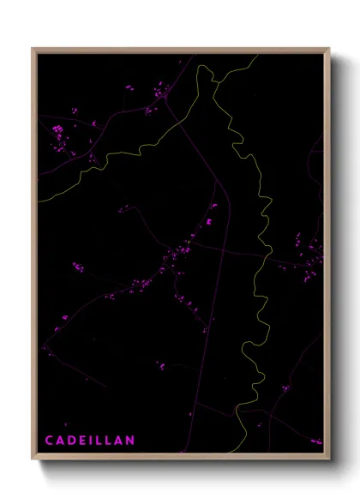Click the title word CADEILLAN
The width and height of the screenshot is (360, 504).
click(x=90, y=441)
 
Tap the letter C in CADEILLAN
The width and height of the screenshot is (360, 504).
click(x=50, y=441)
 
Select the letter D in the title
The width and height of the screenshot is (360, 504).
click(x=71, y=441)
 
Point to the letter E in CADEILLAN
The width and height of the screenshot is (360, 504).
click(x=82, y=441)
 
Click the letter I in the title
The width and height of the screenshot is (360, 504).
click(x=91, y=441)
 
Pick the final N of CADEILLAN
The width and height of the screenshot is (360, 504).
click(x=130, y=441)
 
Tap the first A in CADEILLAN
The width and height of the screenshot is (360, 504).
click(x=60, y=441)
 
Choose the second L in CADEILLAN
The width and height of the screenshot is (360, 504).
click(x=108, y=441)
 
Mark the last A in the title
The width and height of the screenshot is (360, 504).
click(x=119, y=441)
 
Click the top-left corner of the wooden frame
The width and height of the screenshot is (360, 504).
click(x=33, y=49)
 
